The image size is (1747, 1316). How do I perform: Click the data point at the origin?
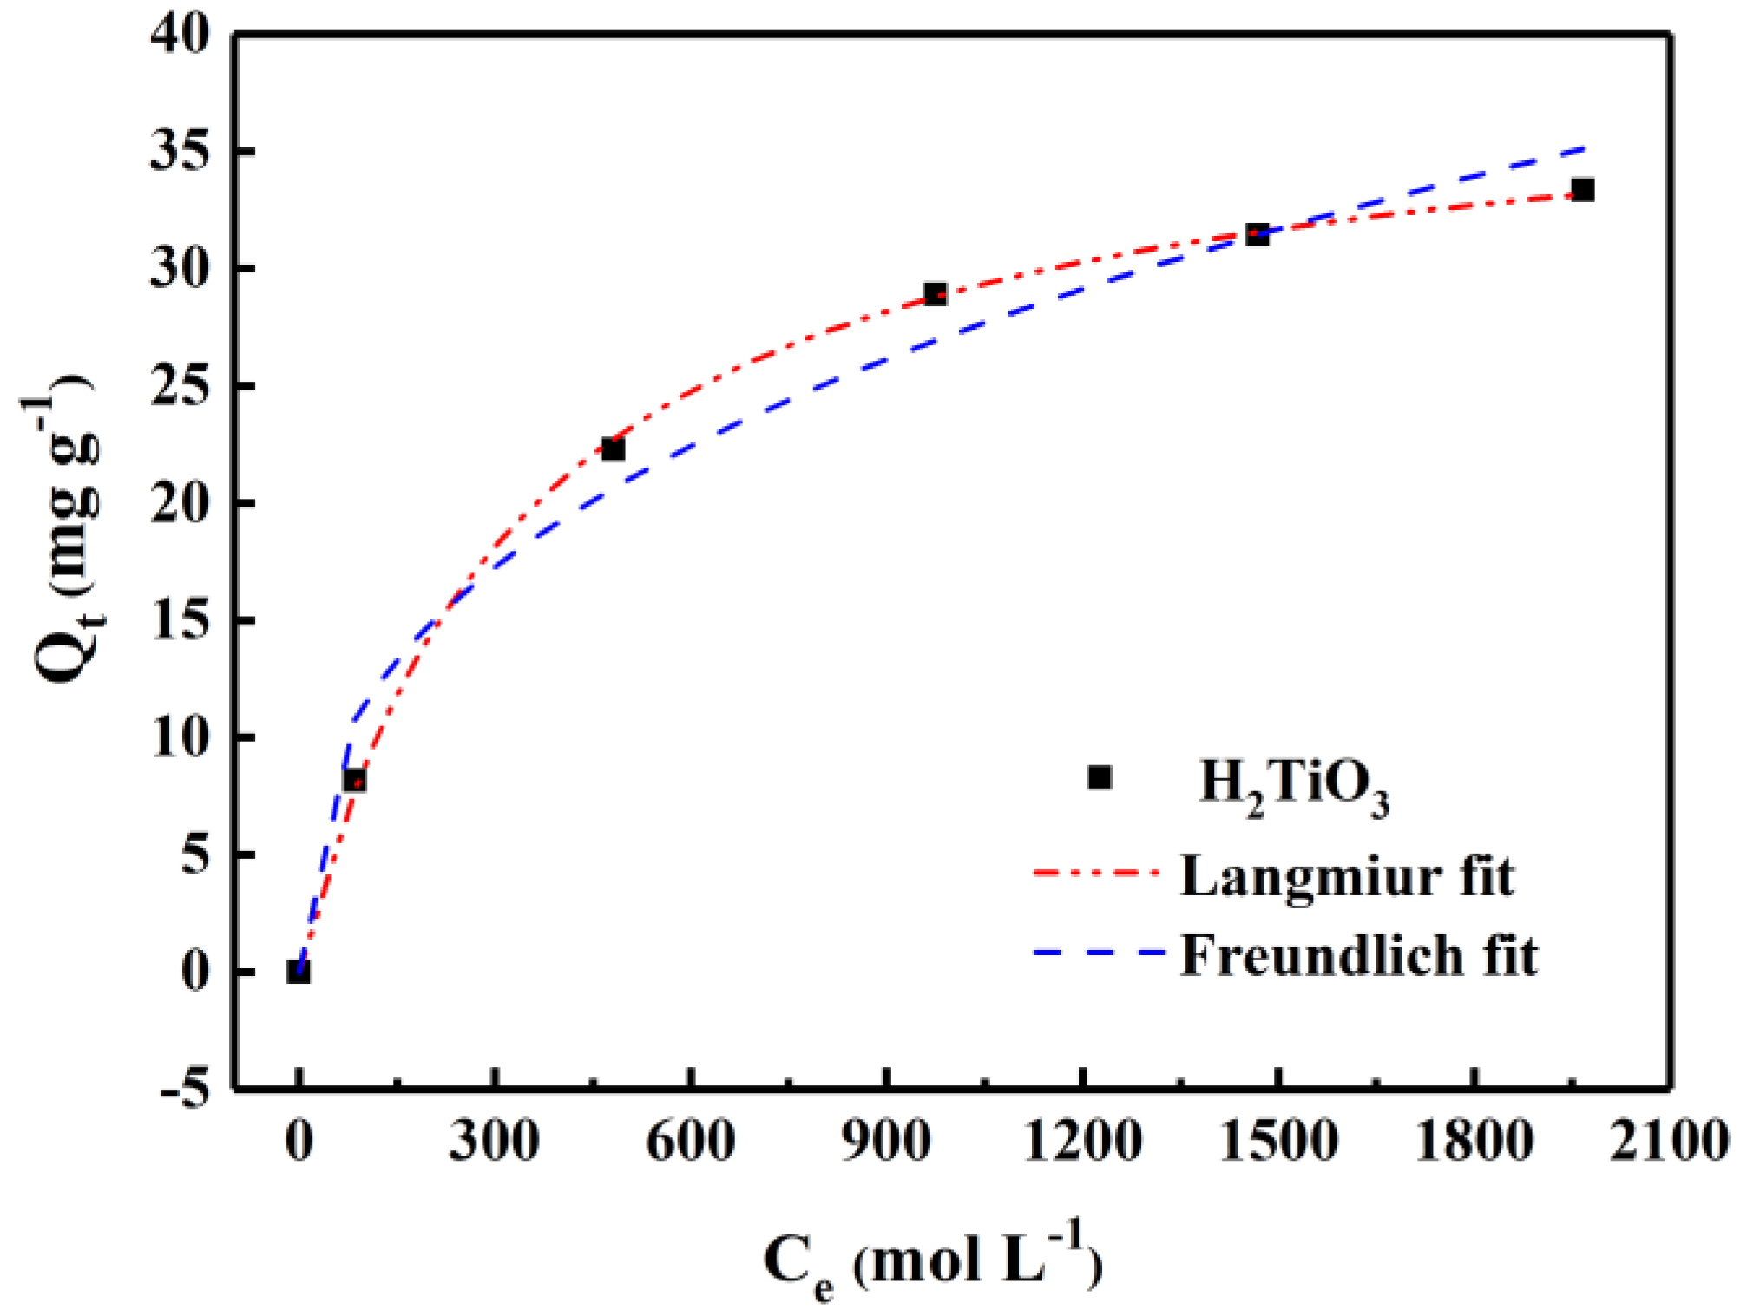coord(299,972)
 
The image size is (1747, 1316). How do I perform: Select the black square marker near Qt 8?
coord(354,781)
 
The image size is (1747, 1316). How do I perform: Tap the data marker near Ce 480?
coord(613,449)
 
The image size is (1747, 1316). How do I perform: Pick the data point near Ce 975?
coord(935,294)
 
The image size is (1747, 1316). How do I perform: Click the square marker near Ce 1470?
coord(1258,234)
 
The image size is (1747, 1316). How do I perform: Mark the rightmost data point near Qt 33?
coord(1583,189)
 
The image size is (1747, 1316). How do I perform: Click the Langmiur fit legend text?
coord(1347,876)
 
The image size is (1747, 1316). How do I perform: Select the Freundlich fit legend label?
coord(1359,956)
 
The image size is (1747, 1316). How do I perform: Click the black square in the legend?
coord(1100,777)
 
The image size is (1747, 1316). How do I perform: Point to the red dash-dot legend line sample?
coord(1096,873)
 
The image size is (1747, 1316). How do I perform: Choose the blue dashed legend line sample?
coord(1098,953)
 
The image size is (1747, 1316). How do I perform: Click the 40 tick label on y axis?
coord(181,36)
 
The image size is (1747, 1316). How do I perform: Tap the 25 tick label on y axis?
coord(181,386)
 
